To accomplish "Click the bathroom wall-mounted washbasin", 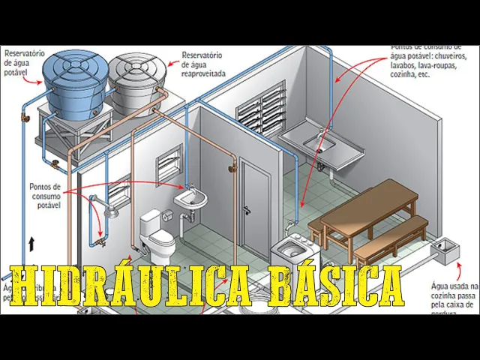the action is coord(191,198).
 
